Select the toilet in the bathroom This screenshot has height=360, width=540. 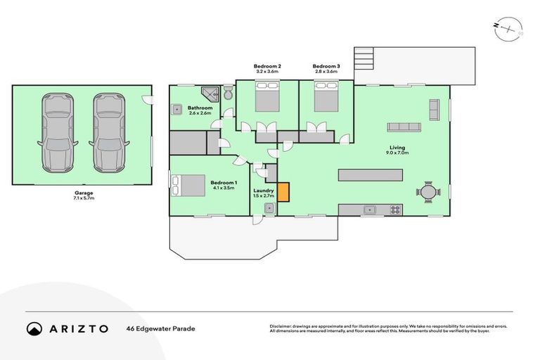(229, 93)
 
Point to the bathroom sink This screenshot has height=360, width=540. (178, 109)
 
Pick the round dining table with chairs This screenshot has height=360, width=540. (427, 191)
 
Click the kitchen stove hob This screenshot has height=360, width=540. (395, 210)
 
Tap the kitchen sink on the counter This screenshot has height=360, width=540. (368, 210)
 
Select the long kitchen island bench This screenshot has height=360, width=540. (371, 174)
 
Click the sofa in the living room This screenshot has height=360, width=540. (404, 127)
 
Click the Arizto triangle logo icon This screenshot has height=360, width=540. (34, 328)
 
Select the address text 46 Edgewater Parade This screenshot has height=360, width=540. (160, 328)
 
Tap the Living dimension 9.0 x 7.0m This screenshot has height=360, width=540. (397, 152)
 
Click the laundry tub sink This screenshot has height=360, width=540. (269, 209)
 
